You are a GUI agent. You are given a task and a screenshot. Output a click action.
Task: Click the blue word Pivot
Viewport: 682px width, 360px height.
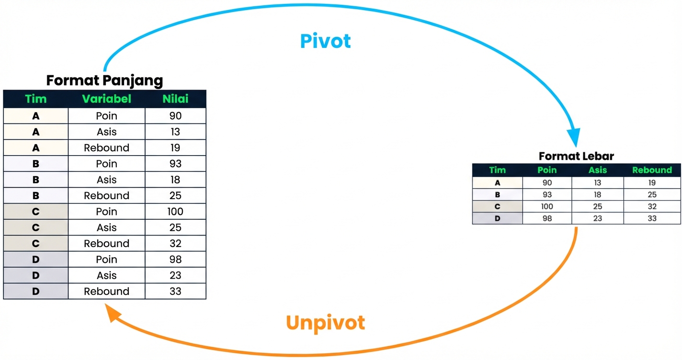325,41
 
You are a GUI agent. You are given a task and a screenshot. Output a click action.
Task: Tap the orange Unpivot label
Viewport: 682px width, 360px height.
325,323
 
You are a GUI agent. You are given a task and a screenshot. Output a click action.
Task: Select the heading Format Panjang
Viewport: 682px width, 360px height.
104,80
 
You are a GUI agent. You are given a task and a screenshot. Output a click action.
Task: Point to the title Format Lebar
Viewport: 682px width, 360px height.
576,156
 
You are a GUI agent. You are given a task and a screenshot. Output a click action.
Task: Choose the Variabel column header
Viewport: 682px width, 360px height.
106,99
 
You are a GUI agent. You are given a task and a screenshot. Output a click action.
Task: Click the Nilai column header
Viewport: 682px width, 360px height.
175,99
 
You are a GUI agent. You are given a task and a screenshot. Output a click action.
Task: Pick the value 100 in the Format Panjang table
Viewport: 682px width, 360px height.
175,212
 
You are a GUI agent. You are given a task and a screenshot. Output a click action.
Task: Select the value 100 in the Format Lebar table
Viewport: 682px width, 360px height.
547,207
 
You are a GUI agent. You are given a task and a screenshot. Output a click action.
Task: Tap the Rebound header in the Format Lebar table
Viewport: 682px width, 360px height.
652,170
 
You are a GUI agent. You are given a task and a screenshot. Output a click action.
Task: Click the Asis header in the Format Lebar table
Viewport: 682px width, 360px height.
598,170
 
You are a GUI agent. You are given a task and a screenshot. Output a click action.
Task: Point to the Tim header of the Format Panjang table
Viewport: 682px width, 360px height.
36,99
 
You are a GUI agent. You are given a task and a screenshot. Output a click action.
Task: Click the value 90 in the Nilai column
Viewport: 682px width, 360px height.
175,116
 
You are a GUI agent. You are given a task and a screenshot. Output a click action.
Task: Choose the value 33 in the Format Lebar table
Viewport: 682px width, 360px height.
652,219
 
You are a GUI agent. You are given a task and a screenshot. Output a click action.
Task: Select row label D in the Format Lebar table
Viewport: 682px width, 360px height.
497,219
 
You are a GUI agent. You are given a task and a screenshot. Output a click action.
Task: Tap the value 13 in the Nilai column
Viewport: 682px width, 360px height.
175,132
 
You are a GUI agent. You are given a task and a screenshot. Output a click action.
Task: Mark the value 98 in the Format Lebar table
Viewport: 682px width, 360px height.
547,219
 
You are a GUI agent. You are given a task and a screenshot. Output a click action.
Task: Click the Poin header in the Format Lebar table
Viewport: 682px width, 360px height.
547,170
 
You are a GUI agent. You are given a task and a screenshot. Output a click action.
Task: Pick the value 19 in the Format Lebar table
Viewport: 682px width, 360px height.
652,183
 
